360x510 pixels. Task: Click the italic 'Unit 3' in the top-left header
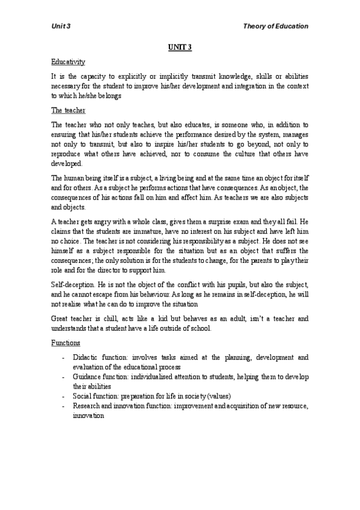[x=61, y=26]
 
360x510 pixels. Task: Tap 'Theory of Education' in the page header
[x=275, y=26]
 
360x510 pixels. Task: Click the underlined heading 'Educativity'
[x=68, y=61]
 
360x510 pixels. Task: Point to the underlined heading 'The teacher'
[x=68, y=110]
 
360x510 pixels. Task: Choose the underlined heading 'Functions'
[x=66, y=343]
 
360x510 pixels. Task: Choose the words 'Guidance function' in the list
[x=100, y=376]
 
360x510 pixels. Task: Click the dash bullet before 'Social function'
[x=64, y=396]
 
